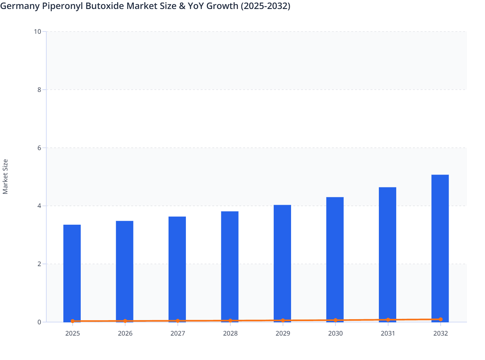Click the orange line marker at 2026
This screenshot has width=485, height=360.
pos(125,321)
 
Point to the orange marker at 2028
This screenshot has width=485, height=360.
pos(230,320)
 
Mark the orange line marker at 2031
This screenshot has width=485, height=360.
pos(388,320)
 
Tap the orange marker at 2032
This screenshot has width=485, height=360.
pos(441,319)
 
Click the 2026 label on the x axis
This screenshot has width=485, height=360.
pos(125,333)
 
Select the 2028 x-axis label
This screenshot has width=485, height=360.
pos(230,333)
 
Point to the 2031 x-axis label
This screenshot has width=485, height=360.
pos(388,333)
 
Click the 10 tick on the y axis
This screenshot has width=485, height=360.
pos(38,32)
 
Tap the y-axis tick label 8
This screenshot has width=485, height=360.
pos(39,90)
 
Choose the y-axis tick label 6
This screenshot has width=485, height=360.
pos(39,148)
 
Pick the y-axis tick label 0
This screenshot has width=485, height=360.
pos(39,322)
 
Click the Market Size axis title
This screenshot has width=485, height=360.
pos(5,177)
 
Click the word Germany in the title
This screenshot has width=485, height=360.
pos(20,6)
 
